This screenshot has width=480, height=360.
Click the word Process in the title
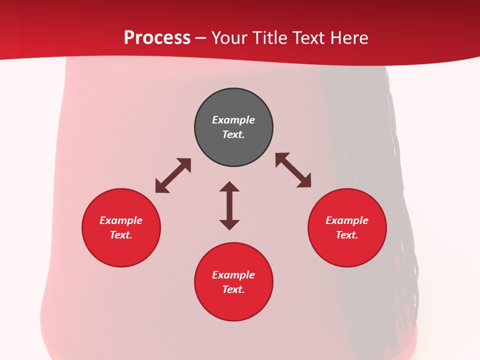[157, 38]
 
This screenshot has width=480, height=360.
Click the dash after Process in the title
[200, 38]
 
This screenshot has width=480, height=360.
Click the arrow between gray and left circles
[173, 175]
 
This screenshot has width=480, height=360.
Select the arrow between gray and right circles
[293, 170]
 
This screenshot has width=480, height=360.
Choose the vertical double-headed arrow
[229, 205]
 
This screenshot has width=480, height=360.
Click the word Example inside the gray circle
[233, 120]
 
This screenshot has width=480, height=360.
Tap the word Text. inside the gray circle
[233, 134]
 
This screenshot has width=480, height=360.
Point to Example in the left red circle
[121, 220]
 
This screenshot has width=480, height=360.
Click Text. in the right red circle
[347, 235]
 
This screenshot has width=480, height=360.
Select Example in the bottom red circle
[233, 275]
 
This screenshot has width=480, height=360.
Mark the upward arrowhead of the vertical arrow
[229, 186]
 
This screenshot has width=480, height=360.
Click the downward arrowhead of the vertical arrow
[229, 224]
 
